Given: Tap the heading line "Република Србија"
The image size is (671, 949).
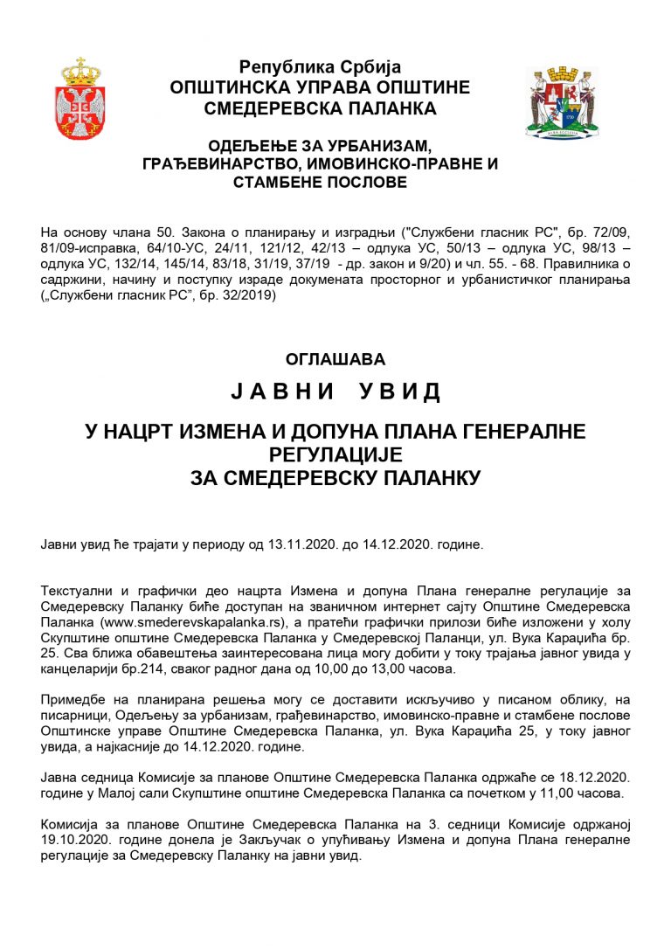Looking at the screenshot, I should point(320,67).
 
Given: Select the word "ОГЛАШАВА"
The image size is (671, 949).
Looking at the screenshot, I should point(335,358).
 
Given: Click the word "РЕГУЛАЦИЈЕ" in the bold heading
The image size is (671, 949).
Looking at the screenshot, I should point(335,454).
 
